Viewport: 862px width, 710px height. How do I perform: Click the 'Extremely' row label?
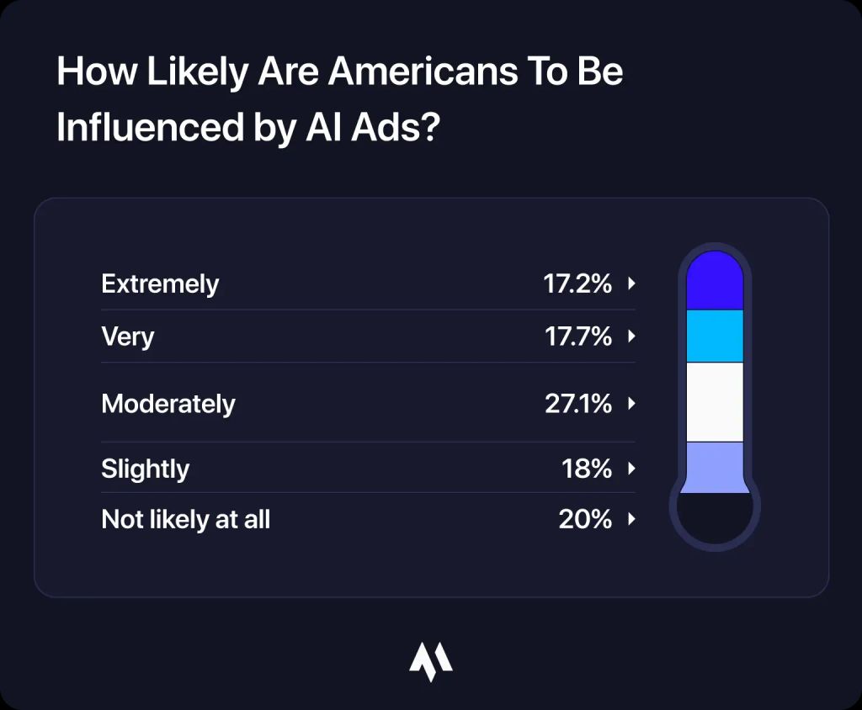[x=160, y=284]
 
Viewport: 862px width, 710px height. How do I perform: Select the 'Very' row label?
[x=128, y=336]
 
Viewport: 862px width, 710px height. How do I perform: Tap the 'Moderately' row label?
[x=168, y=404]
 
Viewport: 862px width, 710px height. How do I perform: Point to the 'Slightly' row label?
[x=146, y=469]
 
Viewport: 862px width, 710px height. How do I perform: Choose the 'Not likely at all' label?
[x=186, y=519]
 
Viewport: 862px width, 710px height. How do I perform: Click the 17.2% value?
[x=577, y=284]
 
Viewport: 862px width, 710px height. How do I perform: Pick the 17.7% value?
[x=577, y=336]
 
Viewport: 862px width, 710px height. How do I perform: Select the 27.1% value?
[x=577, y=404]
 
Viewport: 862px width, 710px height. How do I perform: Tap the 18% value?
[x=587, y=469]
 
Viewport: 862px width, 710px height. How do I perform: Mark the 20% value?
[x=585, y=519]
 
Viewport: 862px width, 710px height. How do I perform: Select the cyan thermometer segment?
[x=715, y=336]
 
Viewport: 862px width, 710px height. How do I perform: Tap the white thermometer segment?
[x=715, y=401]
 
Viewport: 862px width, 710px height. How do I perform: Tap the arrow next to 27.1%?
[x=631, y=404]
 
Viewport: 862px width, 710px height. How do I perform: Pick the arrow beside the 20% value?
[x=631, y=519]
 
